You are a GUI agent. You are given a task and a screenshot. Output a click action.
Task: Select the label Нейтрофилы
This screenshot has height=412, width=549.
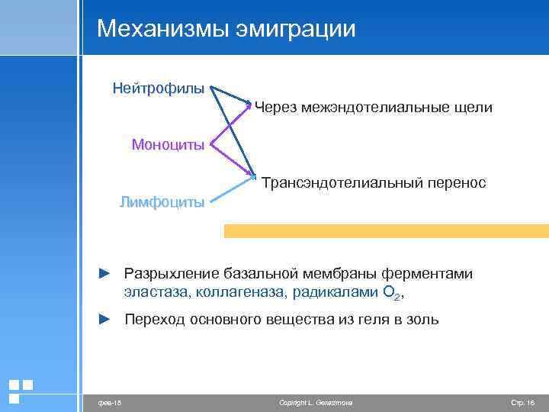158,89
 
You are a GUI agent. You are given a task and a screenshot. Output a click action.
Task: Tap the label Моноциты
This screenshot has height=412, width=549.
168,144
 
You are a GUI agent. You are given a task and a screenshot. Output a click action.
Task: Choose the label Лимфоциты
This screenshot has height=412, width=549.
162,202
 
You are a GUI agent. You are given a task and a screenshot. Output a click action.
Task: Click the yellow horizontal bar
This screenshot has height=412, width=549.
386,231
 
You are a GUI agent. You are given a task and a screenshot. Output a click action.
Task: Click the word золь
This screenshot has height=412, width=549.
423,319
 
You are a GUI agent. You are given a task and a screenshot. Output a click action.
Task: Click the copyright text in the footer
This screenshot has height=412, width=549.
316,402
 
